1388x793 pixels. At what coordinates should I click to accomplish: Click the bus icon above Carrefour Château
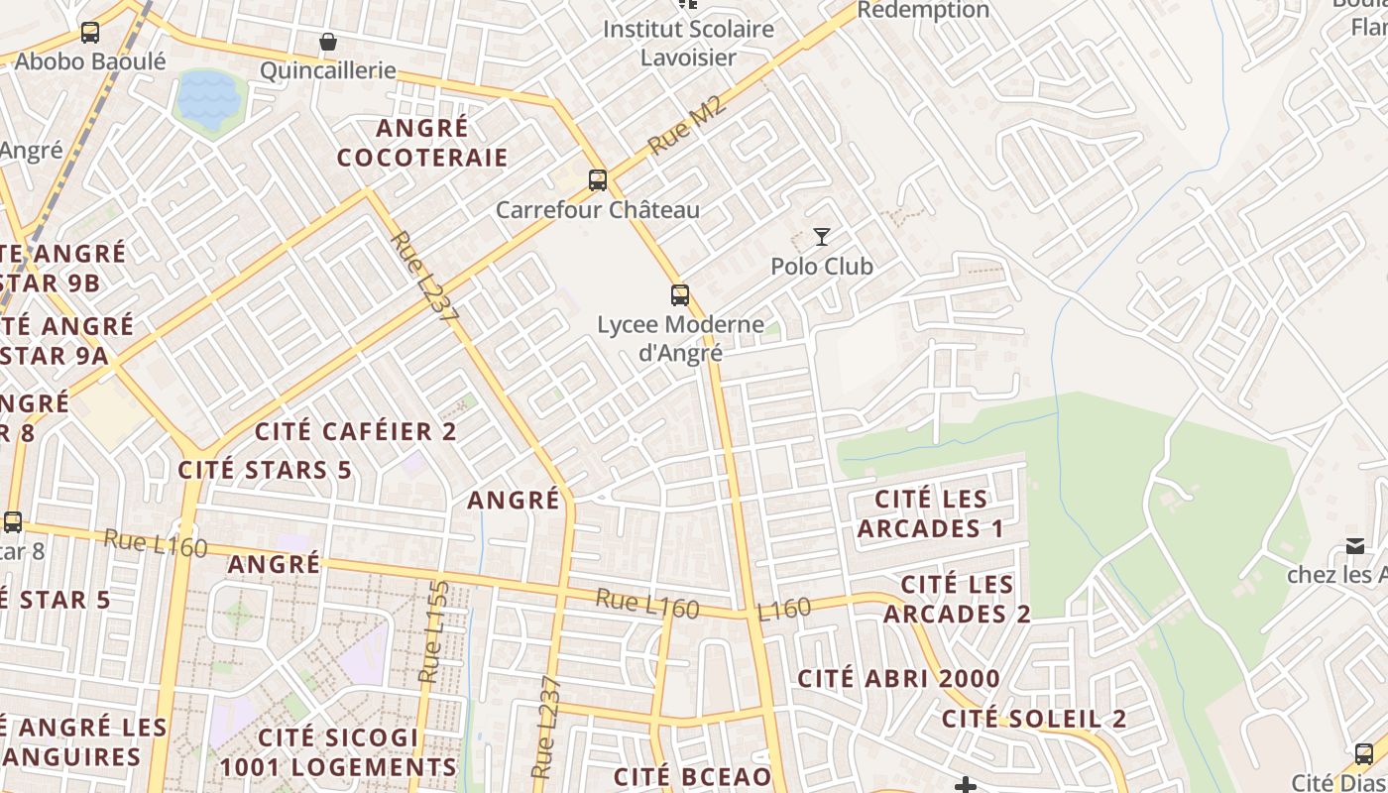coord(597,179)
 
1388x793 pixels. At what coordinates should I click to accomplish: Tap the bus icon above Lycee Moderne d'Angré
coord(679,294)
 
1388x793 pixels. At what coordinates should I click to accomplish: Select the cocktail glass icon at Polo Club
coord(822,236)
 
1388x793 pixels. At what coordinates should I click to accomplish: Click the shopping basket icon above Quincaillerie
coord(327,42)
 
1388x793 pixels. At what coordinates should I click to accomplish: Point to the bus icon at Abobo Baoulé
coord(90,33)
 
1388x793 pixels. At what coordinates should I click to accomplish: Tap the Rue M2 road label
coord(687,125)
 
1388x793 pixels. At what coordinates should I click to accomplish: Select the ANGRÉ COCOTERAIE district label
coord(422,143)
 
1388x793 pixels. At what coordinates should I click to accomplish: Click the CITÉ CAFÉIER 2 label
coord(356,431)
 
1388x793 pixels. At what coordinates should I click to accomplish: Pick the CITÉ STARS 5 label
coord(265,470)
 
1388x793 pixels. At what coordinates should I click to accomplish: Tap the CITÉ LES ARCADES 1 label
coord(931,513)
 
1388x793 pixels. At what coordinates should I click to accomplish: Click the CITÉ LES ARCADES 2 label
coord(957,599)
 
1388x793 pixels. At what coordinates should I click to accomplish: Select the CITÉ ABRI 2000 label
coord(899,679)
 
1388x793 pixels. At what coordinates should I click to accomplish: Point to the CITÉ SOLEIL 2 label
coord(1034,719)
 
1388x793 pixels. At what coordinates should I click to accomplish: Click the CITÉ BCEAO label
coord(692,776)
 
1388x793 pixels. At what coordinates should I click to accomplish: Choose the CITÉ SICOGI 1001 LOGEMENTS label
coord(338,752)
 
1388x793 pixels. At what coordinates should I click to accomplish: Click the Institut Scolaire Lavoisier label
coord(688,43)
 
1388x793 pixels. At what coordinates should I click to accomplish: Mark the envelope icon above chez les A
coord(1354,546)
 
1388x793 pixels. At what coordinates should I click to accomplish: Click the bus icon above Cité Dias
coord(1364,753)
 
